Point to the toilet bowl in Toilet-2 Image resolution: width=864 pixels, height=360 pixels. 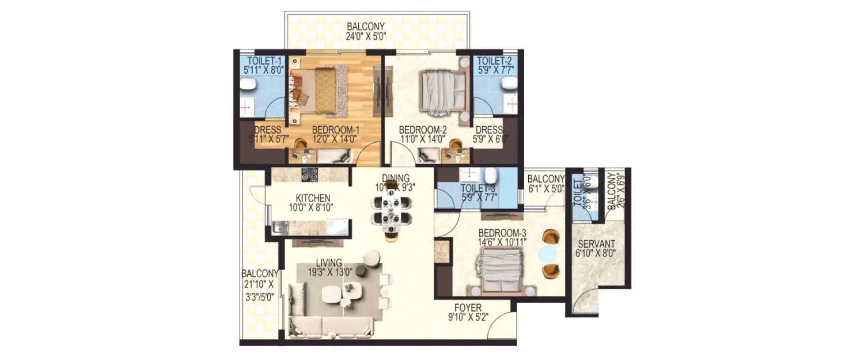pyautogui.click(x=509, y=85)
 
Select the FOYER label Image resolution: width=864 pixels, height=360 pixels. pyautogui.click(x=467, y=308)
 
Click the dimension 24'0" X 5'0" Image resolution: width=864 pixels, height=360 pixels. pyautogui.click(x=365, y=36)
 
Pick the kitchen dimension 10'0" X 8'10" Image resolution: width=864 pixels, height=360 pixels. pyautogui.click(x=311, y=206)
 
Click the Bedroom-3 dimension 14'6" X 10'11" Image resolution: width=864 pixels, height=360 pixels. pyautogui.click(x=501, y=242)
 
